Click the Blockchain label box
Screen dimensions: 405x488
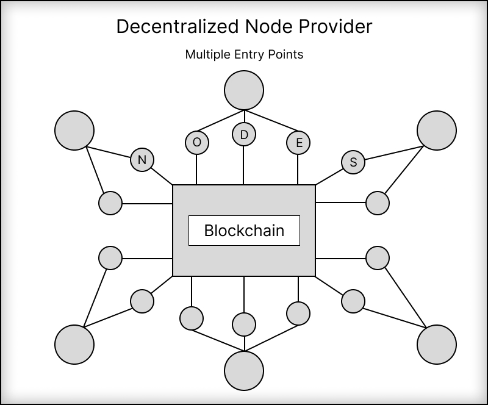click(x=244, y=231)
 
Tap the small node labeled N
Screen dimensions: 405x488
click(x=142, y=160)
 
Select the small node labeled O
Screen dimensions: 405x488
click(x=196, y=142)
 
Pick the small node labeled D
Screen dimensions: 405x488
click(x=244, y=135)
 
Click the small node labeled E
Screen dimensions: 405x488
click(x=298, y=143)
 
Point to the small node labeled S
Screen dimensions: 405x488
click(x=353, y=162)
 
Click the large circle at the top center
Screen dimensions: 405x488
click(x=244, y=90)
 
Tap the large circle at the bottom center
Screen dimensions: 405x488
click(x=244, y=371)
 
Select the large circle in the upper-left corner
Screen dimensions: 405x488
click(x=74, y=130)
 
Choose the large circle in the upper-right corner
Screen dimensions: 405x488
click(x=437, y=130)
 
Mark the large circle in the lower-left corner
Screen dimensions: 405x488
click(x=74, y=345)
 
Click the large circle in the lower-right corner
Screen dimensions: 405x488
click(x=437, y=345)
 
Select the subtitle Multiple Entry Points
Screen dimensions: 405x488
click(x=244, y=54)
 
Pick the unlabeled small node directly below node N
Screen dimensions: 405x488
click(x=111, y=203)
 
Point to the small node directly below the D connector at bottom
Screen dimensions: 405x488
click(x=244, y=324)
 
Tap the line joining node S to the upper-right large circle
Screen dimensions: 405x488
click(x=390, y=153)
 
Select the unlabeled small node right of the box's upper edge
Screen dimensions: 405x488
click(x=378, y=203)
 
